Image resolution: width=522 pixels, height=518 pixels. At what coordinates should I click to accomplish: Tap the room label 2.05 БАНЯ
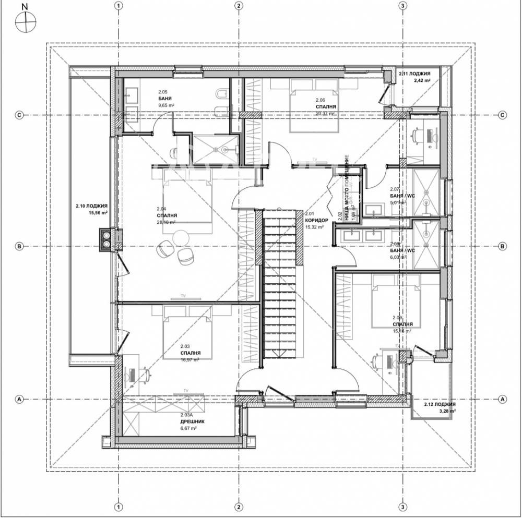point(165,98)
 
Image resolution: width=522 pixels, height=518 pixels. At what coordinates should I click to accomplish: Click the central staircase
point(282,284)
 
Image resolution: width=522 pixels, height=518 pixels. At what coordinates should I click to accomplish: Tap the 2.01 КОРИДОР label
point(316,220)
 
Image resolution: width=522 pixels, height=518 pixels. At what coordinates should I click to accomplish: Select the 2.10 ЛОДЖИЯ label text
point(91,206)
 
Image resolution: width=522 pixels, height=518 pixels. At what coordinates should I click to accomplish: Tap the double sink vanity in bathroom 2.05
point(130,103)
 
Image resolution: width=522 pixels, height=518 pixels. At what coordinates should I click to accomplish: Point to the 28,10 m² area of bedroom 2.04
point(166,222)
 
